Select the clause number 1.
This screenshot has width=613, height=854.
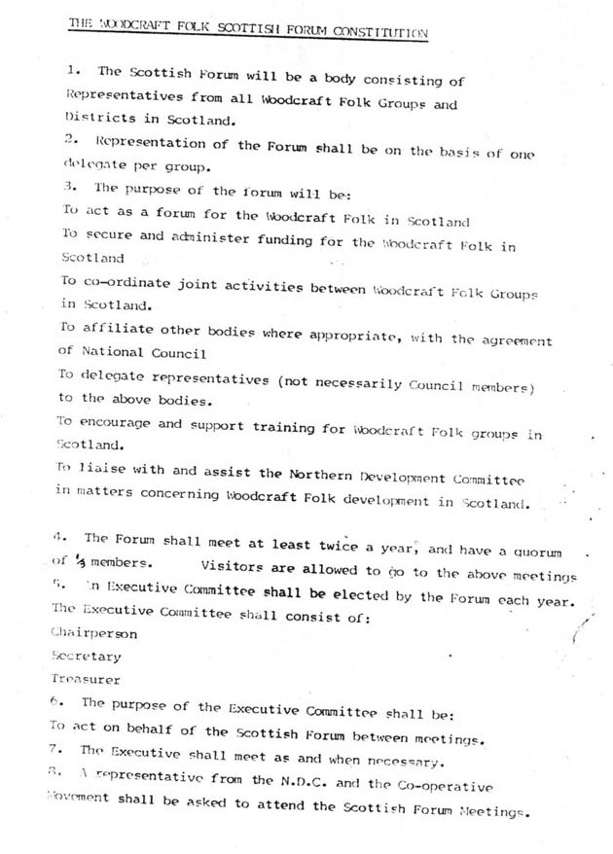click(x=73, y=72)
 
